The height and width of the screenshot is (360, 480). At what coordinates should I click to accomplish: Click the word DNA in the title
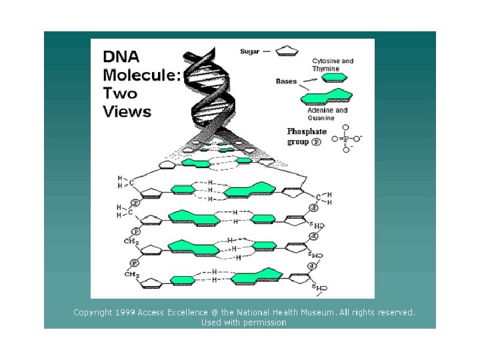[x=121, y=57]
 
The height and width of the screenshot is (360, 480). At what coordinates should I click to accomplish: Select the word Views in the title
[x=127, y=111]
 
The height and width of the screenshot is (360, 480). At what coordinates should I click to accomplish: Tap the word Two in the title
[x=120, y=93]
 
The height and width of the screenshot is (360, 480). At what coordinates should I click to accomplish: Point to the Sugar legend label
[x=249, y=50]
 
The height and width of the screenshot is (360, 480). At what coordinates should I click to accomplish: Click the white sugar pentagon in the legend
[x=286, y=50]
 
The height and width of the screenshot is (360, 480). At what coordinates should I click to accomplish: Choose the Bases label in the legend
[x=287, y=81]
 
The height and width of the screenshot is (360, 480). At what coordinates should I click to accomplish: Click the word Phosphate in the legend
[x=307, y=132]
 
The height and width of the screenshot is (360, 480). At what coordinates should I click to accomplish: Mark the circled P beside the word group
[x=316, y=142]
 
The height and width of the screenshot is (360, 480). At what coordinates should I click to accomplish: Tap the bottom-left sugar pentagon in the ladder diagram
[x=151, y=283]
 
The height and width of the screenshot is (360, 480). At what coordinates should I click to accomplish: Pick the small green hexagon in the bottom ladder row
[x=181, y=279]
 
